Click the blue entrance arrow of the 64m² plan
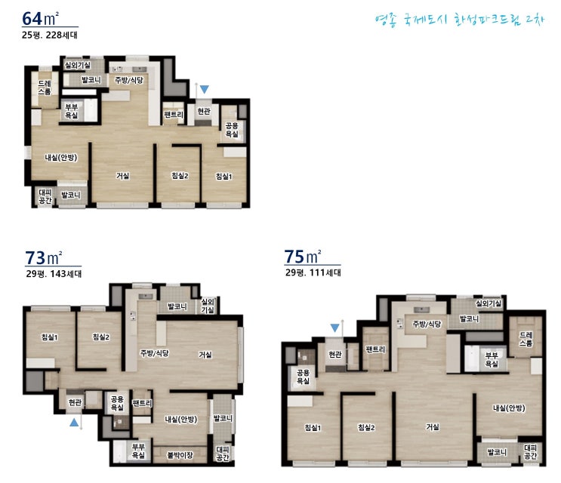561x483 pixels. [x=205, y=89]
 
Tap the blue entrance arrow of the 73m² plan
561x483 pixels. [x=74, y=422]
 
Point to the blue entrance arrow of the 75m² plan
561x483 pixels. [x=335, y=328]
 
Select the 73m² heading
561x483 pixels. [x=43, y=257]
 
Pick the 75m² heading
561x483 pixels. [x=303, y=257]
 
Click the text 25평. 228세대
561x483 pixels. [x=49, y=35]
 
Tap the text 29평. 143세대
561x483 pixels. [x=54, y=274]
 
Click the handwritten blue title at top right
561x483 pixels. [x=460, y=20]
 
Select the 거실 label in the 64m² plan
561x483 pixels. [x=123, y=176]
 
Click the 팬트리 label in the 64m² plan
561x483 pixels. [x=174, y=115]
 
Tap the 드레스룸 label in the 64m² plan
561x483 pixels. [x=45, y=88]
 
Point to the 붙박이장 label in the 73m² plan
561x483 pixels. [x=180, y=455]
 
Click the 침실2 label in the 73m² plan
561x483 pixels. [x=101, y=337]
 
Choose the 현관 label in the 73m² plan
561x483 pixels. [x=76, y=402]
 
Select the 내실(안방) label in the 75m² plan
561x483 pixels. [x=509, y=408]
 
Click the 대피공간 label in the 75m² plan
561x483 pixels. [x=530, y=451]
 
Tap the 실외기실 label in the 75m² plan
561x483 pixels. [x=489, y=303]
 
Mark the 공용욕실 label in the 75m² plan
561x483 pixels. [x=303, y=377]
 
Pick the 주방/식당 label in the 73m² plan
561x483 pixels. [x=154, y=353]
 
